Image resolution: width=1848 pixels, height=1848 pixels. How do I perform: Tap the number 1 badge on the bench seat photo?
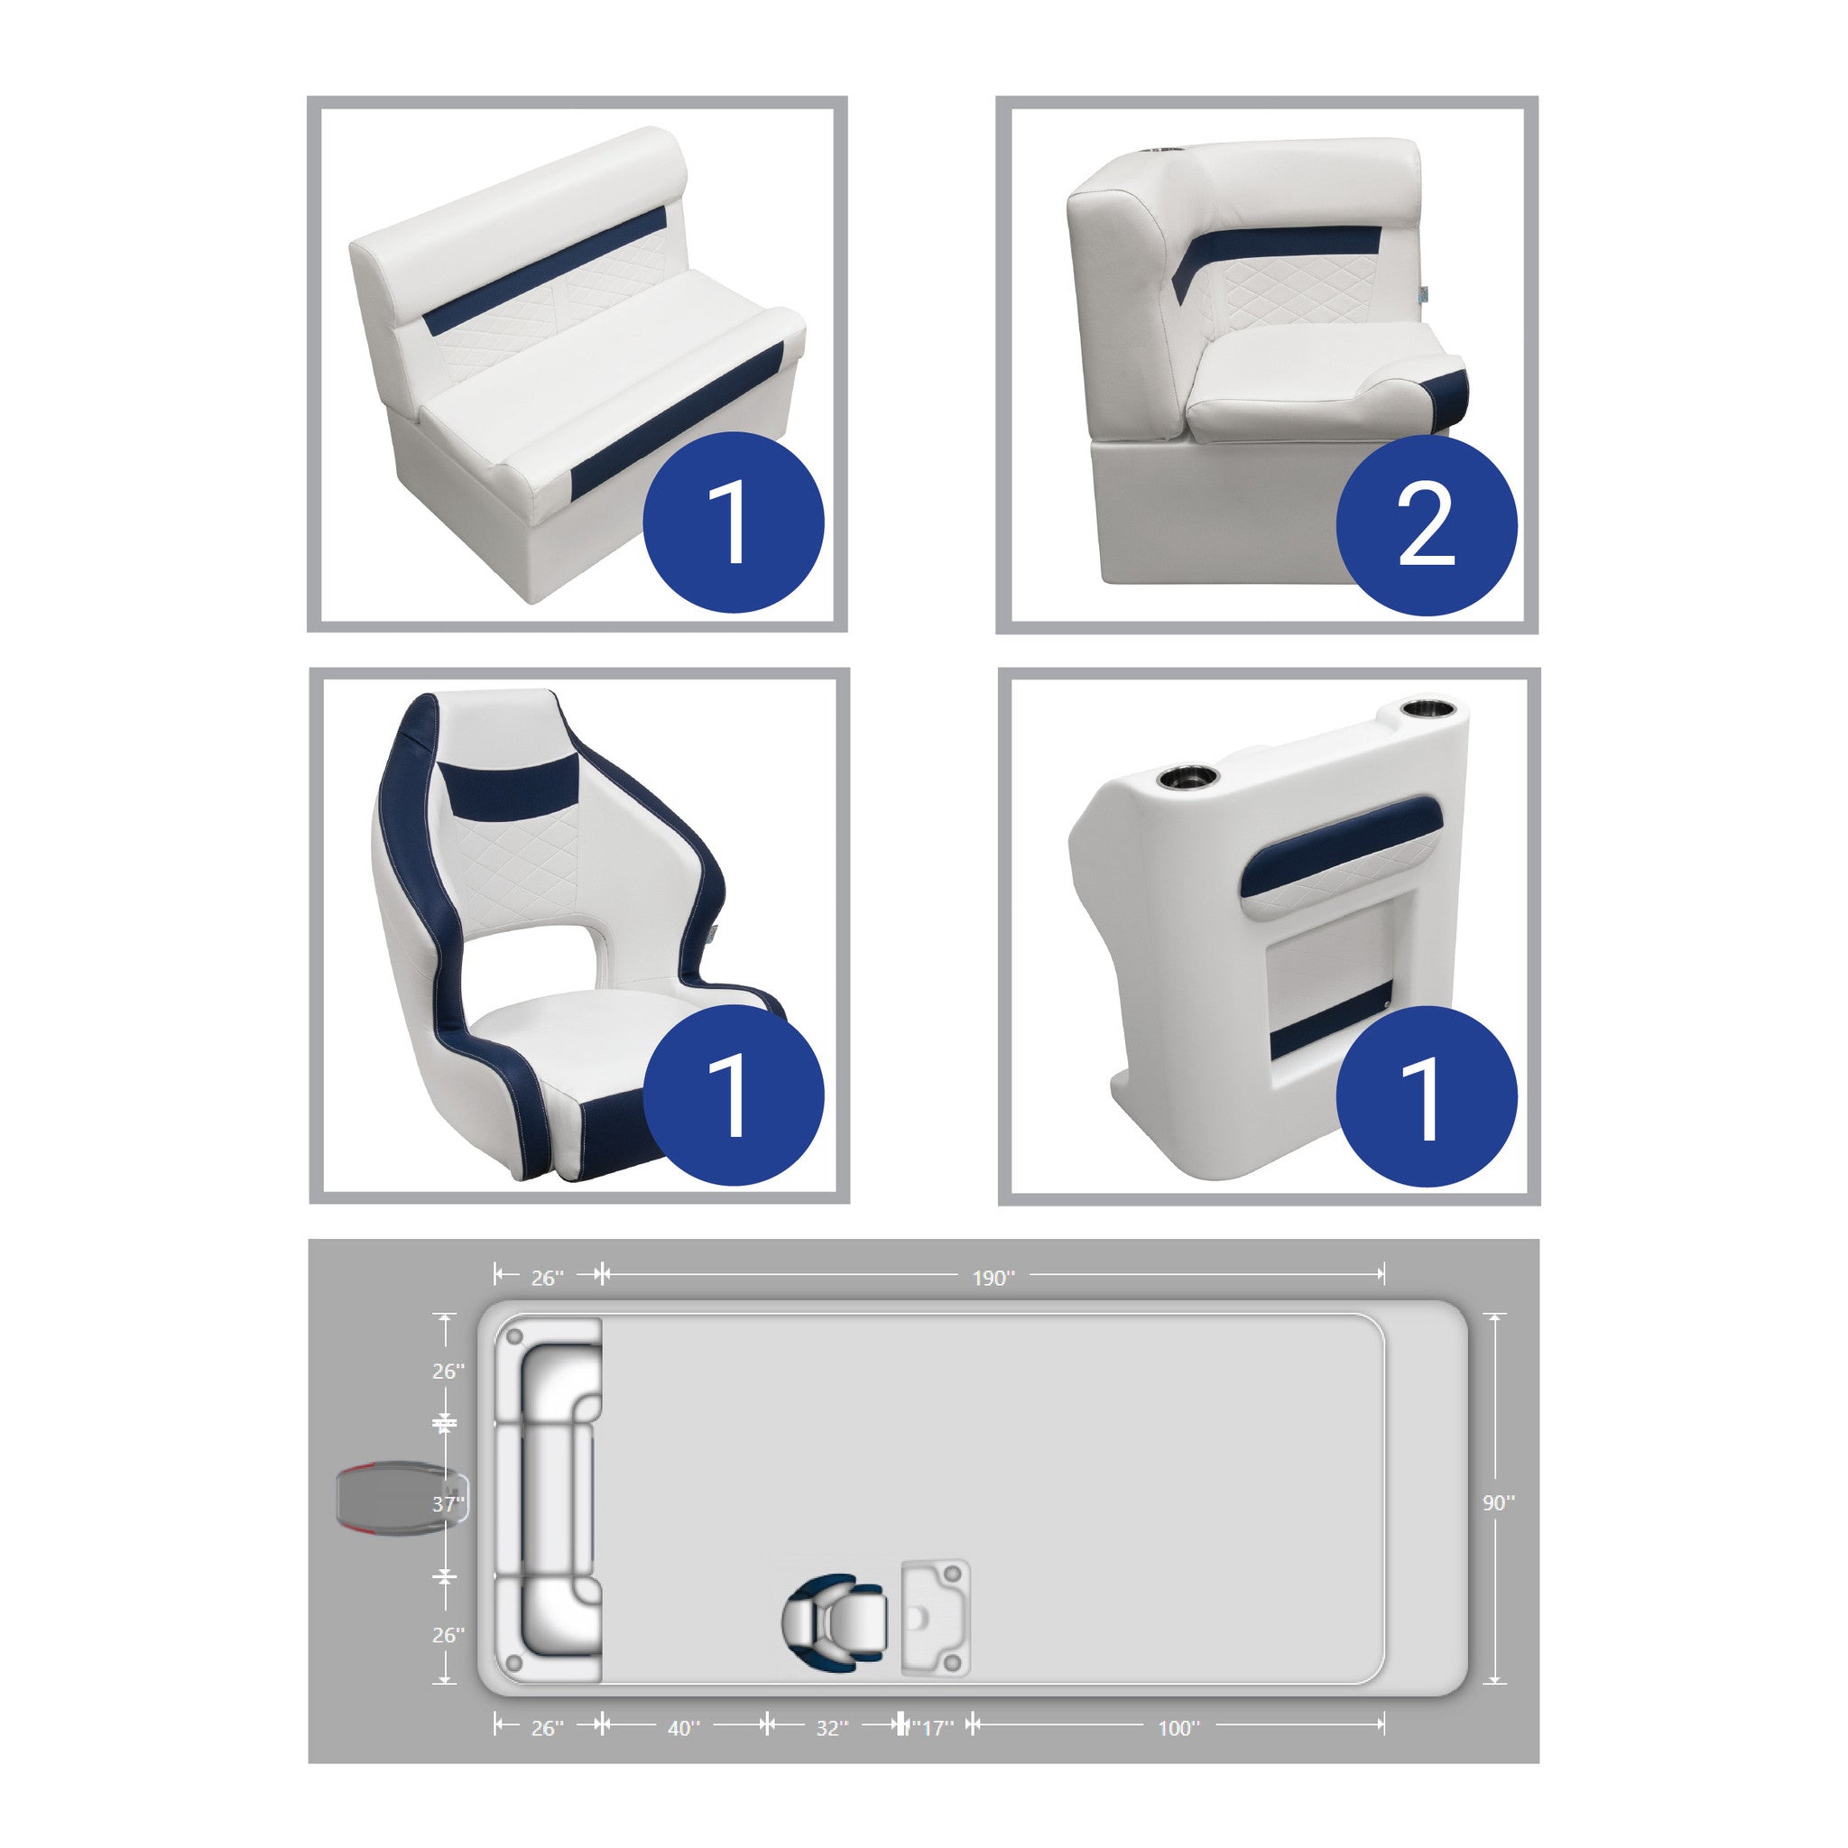733,522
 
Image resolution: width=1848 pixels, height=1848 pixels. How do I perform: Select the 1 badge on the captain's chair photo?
733,1095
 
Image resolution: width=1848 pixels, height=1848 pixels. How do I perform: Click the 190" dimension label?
993,1278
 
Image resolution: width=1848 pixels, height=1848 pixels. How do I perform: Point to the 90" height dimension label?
1498,1503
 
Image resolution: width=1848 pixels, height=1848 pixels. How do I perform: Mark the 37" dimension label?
448,1504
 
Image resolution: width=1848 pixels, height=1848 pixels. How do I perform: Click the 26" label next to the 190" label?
547,1278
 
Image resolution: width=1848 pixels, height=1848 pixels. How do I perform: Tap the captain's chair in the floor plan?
834,1621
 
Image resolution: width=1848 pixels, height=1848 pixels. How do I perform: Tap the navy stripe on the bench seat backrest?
545,272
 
